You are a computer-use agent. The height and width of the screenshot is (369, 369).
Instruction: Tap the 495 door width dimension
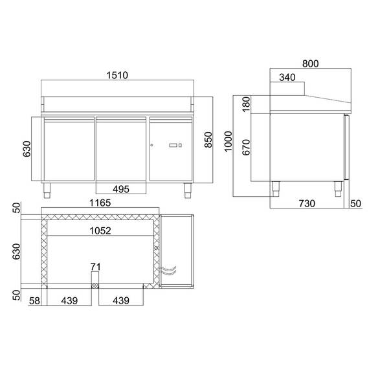click(122, 189)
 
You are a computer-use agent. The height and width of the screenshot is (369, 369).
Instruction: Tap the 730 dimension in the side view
click(307, 203)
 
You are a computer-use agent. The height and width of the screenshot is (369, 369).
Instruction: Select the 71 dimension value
click(95, 266)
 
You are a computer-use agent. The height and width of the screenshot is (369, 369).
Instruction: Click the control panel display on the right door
click(175, 146)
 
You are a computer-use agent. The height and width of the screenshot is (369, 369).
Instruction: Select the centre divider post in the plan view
click(95, 280)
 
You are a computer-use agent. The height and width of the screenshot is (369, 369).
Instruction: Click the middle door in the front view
click(122, 149)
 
